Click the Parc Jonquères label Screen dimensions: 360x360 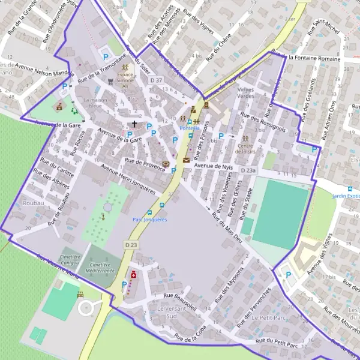point(149,220)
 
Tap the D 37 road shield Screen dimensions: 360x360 point(157,80)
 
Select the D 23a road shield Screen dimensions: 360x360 point(248,171)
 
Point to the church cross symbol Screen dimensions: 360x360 point(134,124)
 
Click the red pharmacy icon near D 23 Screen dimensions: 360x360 point(133,274)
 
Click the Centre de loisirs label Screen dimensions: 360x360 point(245,148)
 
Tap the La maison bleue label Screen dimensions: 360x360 point(97,103)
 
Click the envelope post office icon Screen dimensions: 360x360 point(186,160)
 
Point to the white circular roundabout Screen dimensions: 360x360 point(87,308)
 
